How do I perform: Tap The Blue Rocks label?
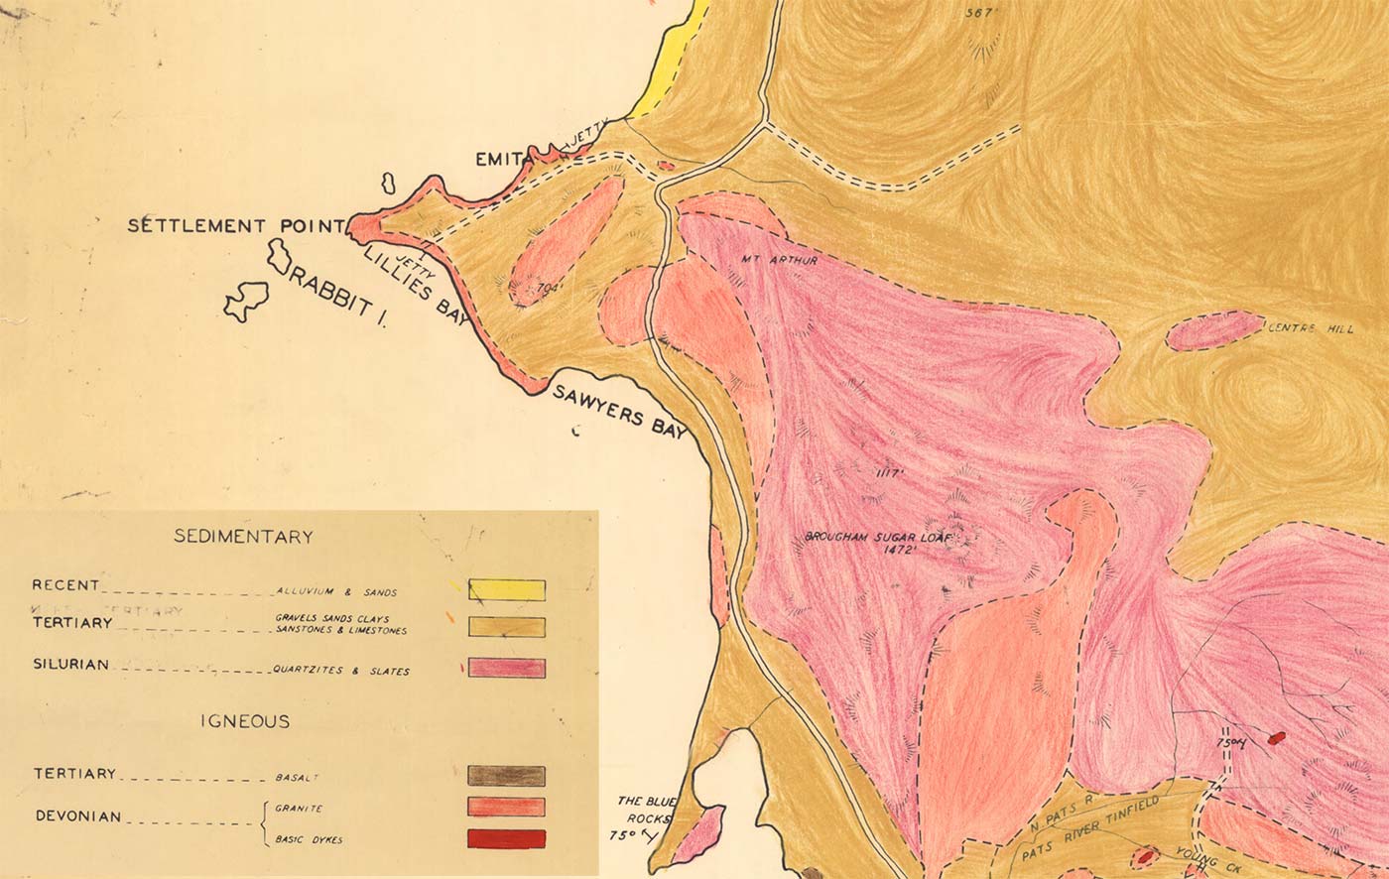(x=645, y=810)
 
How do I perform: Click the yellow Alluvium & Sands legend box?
(x=506, y=590)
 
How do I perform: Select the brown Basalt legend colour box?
(x=506, y=775)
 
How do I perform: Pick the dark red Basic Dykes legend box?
(x=506, y=838)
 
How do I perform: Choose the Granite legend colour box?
(x=506, y=807)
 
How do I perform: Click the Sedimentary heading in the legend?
(x=243, y=537)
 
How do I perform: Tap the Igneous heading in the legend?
(x=243, y=721)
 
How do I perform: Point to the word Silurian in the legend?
(x=70, y=665)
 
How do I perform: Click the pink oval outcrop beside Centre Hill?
(x=1212, y=330)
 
